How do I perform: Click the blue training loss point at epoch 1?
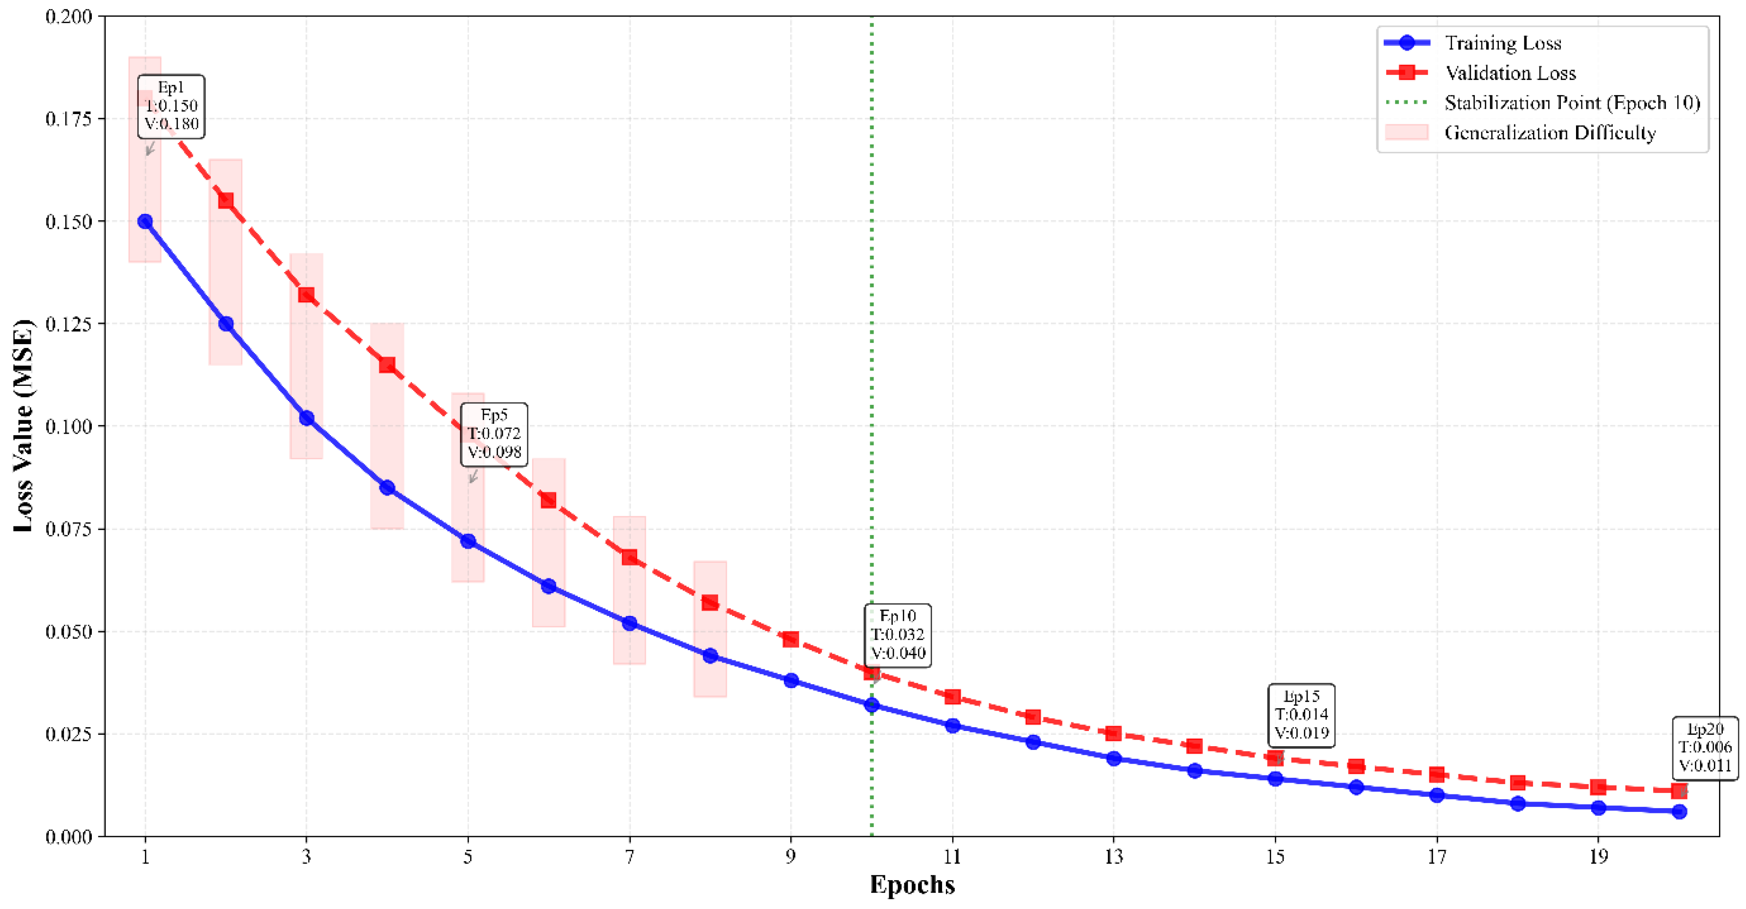pyautogui.click(x=145, y=222)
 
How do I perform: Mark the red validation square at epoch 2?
pyautogui.click(x=226, y=201)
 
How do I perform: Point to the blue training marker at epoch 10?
pyautogui.click(x=872, y=705)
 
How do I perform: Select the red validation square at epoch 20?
pyautogui.click(x=1679, y=791)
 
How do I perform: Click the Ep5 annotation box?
pyautogui.click(x=494, y=434)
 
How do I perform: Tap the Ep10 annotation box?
pyautogui.click(x=898, y=635)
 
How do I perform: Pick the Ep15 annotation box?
pyautogui.click(x=1301, y=715)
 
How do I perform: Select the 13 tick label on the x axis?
pyautogui.click(x=1114, y=857)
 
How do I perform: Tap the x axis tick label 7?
pyautogui.click(x=630, y=857)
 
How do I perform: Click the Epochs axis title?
pyautogui.click(x=912, y=884)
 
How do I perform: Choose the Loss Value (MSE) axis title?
pyautogui.click(x=23, y=426)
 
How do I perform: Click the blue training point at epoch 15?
pyautogui.click(x=1275, y=779)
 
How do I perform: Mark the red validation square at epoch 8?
pyautogui.click(x=710, y=603)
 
